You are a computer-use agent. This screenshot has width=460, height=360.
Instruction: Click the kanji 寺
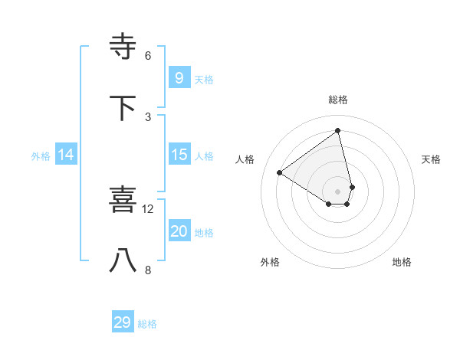(124, 47)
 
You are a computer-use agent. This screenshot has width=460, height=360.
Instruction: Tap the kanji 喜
(124, 200)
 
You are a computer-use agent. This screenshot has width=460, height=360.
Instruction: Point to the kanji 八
(124, 260)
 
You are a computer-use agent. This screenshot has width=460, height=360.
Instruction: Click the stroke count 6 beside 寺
(148, 55)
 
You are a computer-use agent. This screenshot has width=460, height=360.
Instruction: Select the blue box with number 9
(179, 77)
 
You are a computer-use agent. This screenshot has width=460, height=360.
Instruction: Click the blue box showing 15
(179, 155)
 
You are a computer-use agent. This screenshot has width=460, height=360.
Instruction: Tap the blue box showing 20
(179, 231)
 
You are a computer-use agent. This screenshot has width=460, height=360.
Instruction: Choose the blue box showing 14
(65, 155)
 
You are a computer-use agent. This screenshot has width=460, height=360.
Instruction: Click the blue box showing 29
(122, 322)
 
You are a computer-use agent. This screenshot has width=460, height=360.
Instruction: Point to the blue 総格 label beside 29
(147, 324)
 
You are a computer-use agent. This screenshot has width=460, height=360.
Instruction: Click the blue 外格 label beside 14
(41, 155)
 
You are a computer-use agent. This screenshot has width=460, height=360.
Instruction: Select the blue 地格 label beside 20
(204, 233)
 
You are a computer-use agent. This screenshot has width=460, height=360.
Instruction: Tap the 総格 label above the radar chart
(338, 100)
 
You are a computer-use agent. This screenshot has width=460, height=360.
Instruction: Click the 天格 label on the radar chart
(431, 159)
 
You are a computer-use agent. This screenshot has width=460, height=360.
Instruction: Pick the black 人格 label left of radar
(245, 159)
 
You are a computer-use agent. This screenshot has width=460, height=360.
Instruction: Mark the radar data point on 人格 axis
(280, 172)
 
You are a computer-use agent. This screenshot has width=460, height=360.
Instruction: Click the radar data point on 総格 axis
(338, 130)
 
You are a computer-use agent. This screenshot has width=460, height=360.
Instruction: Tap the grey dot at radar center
(338, 191)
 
